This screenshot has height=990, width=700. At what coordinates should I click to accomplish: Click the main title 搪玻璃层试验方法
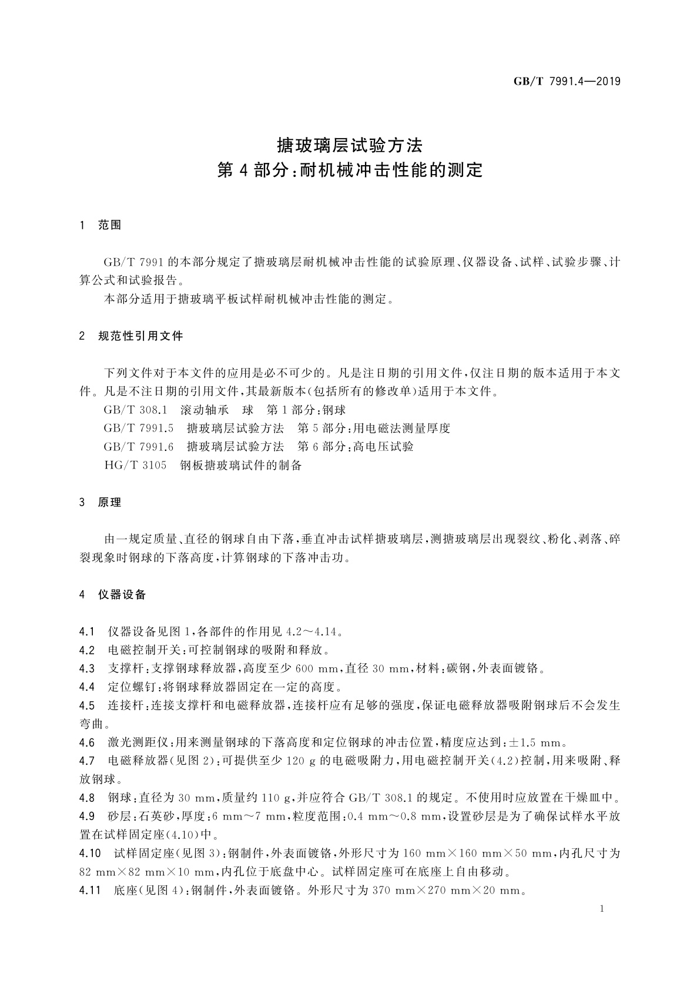(x=350, y=145)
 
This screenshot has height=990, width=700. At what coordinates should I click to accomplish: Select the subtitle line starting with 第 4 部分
(x=350, y=170)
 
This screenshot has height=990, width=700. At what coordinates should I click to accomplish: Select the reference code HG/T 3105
(x=135, y=466)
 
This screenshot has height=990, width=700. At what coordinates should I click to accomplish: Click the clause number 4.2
(x=87, y=650)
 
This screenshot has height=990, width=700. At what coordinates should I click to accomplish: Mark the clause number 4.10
(x=90, y=852)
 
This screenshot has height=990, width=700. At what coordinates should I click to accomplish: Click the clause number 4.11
(x=90, y=890)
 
